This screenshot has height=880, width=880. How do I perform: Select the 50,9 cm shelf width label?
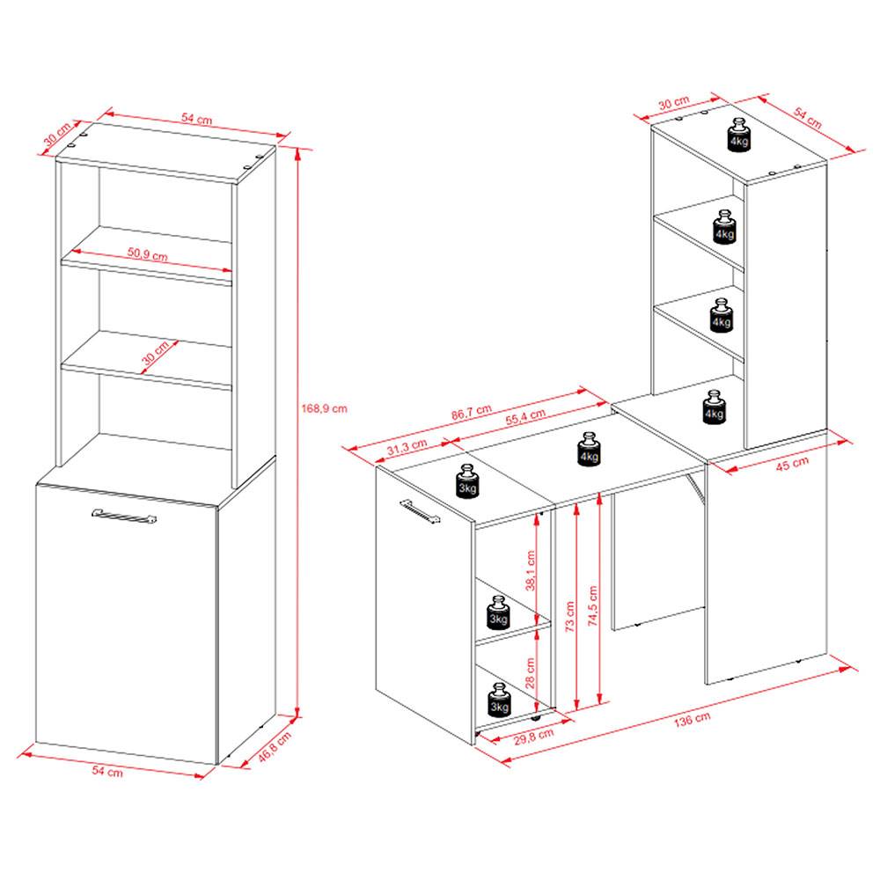coord(147,254)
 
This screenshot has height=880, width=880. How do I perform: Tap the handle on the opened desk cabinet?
coord(419,512)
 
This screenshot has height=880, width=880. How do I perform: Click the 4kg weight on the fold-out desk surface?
coord(589,450)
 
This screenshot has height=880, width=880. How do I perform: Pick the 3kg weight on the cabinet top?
coord(467,480)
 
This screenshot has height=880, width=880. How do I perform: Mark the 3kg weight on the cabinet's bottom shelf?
coord(499,700)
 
